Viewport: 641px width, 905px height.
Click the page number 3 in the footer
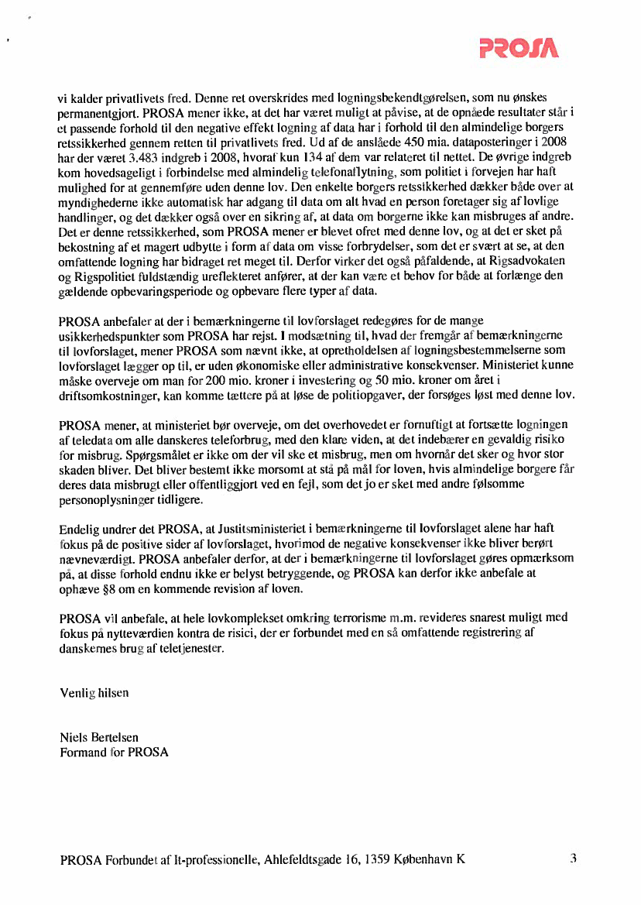point(573,858)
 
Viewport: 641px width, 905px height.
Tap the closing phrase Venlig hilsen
point(94,693)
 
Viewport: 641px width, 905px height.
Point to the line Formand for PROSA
point(114,752)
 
